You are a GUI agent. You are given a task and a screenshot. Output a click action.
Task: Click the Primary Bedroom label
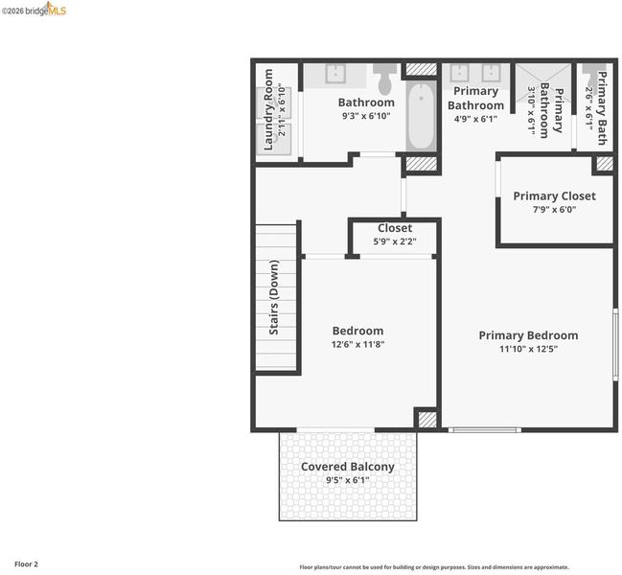528,335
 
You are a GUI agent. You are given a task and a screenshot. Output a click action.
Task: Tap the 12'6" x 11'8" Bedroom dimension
357,344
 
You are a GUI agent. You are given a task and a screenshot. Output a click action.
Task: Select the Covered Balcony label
348,467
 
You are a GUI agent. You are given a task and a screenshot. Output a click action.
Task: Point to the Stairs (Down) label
274,297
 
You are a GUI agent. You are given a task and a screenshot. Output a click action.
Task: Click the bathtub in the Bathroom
421,116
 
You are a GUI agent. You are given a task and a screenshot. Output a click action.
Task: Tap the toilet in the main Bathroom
384,79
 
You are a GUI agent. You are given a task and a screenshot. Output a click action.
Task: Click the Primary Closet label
554,195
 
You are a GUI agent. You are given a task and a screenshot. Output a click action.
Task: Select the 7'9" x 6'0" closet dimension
554,209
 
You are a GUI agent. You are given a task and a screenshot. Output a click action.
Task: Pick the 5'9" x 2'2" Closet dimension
395,241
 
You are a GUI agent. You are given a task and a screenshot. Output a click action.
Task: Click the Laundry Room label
268,109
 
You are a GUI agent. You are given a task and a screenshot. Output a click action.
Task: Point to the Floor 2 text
26,563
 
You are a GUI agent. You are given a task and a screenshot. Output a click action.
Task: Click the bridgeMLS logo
35,10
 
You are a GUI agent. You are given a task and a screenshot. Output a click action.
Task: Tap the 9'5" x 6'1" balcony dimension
348,480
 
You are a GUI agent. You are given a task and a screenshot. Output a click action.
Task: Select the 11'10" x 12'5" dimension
528,349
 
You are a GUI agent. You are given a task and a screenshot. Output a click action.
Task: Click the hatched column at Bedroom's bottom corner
427,420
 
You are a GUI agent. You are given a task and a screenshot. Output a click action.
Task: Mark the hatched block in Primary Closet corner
605,164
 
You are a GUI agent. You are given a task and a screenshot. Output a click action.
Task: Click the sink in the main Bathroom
335,74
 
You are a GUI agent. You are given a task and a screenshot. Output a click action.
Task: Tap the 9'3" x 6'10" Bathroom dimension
366,116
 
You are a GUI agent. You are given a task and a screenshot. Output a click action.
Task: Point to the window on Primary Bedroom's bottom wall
484,430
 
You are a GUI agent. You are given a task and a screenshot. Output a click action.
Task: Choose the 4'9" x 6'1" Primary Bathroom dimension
475,119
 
